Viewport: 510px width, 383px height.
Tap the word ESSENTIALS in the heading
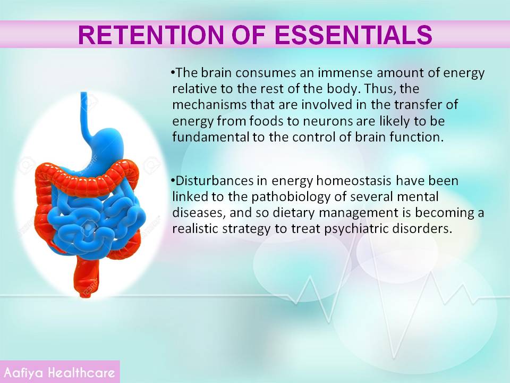pos(354,35)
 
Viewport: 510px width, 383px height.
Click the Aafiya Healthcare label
pos(59,372)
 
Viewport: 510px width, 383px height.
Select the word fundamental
pos(211,137)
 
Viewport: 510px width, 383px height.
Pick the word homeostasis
pos(354,180)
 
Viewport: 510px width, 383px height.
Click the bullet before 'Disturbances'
pos(173,179)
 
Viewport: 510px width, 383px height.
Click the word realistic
pos(195,229)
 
